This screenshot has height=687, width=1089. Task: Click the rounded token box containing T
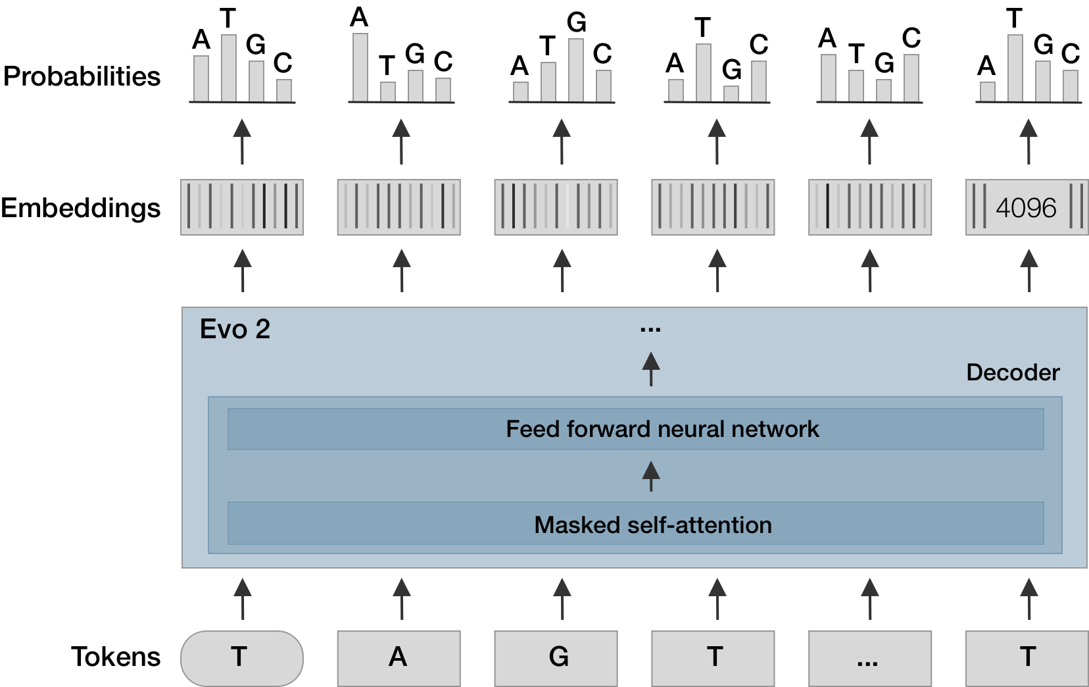point(241,657)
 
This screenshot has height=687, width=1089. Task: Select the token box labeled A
point(399,657)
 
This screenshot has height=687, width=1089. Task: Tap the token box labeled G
point(556,657)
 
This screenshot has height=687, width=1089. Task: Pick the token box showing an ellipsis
point(869,657)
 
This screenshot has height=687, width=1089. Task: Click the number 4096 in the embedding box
point(1025,208)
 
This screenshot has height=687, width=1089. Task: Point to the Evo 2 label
point(235,329)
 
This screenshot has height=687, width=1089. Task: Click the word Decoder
point(1012,372)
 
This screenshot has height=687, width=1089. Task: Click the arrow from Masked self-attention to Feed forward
point(650,476)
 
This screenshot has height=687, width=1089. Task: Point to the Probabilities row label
point(82,76)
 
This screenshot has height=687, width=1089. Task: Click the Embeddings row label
point(81,208)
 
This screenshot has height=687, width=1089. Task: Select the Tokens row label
point(116,657)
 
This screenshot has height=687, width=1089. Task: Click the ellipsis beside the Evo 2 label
point(650,329)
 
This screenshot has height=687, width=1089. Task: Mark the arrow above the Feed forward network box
point(650,369)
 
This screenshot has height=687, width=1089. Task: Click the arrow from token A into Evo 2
point(402,599)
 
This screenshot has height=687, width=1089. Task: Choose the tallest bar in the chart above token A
point(360,67)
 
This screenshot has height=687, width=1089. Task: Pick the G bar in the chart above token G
point(576,70)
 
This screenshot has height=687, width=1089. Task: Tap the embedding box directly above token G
point(556,207)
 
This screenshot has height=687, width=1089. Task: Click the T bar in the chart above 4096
point(1015,68)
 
